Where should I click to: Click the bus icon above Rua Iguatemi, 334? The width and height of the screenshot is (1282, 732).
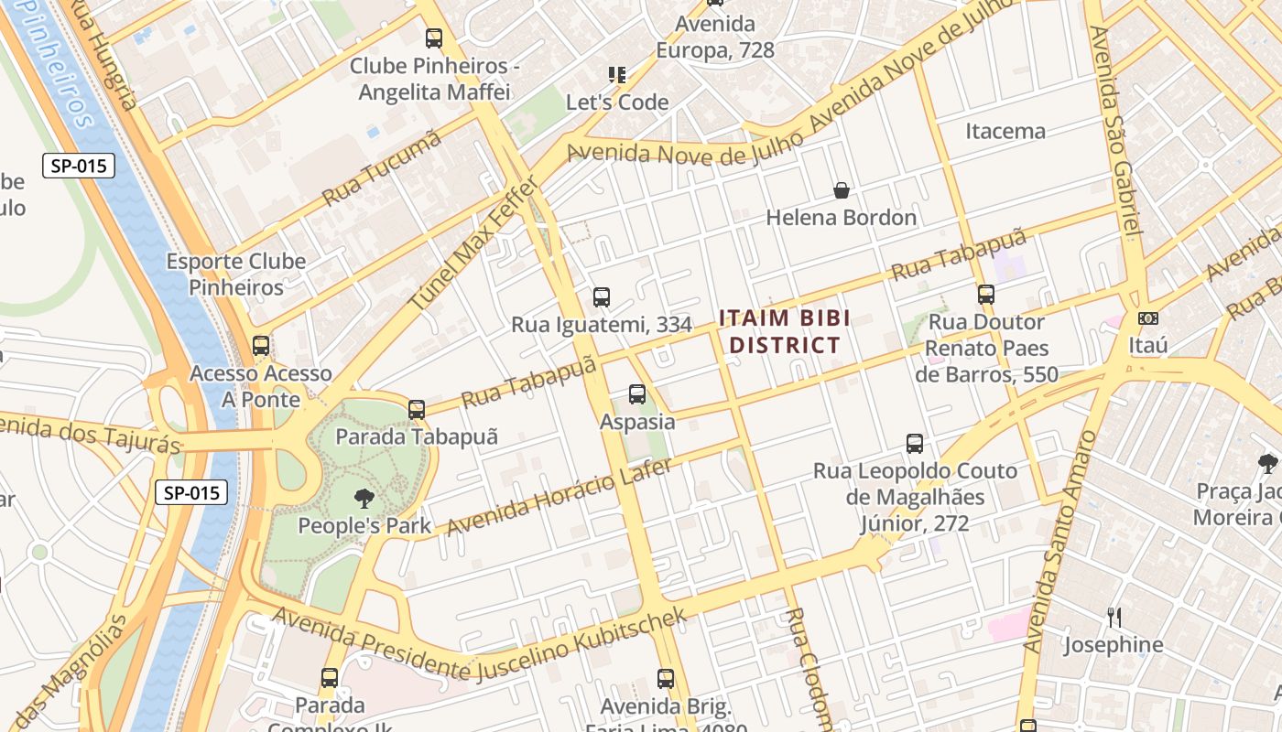[602, 296]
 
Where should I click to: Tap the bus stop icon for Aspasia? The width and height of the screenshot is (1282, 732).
[637, 394]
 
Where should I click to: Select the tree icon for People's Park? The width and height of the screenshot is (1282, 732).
[364, 499]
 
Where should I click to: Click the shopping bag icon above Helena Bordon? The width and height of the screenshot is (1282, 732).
[841, 190]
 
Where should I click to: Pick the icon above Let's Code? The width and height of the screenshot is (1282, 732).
[617, 75]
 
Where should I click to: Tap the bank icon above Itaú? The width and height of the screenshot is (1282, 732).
[1147, 318]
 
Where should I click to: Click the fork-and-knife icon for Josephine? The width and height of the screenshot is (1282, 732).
[1114, 618]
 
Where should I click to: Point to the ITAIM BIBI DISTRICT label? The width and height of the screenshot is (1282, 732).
[784, 331]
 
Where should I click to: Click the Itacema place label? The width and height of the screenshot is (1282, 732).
[1005, 131]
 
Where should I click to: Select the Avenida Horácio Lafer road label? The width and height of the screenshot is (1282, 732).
[559, 497]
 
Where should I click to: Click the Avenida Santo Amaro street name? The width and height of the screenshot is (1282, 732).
[1059, 540]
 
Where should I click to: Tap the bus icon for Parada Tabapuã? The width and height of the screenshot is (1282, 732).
[417, 409]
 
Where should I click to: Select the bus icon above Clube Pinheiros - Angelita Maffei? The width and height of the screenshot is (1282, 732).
[434, 38]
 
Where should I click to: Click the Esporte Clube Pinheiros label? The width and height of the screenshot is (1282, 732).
[235, 274]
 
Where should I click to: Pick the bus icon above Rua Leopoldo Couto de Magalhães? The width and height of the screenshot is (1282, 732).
[914, 444]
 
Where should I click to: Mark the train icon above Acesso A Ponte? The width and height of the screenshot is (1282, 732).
[261, 346]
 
